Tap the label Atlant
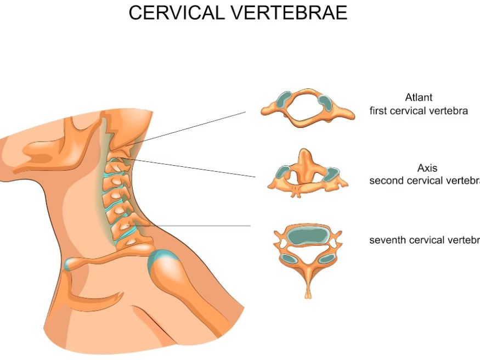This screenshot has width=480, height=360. click(419, 98)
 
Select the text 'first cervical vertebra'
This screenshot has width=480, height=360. click(419, 111)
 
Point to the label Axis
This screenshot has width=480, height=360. click(427, 168)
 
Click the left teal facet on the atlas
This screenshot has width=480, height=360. click(284, 100)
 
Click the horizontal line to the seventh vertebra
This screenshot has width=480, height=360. click(203, 226)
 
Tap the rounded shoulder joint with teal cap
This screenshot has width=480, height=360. click(167, 269)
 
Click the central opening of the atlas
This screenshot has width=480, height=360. click(305, 108)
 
